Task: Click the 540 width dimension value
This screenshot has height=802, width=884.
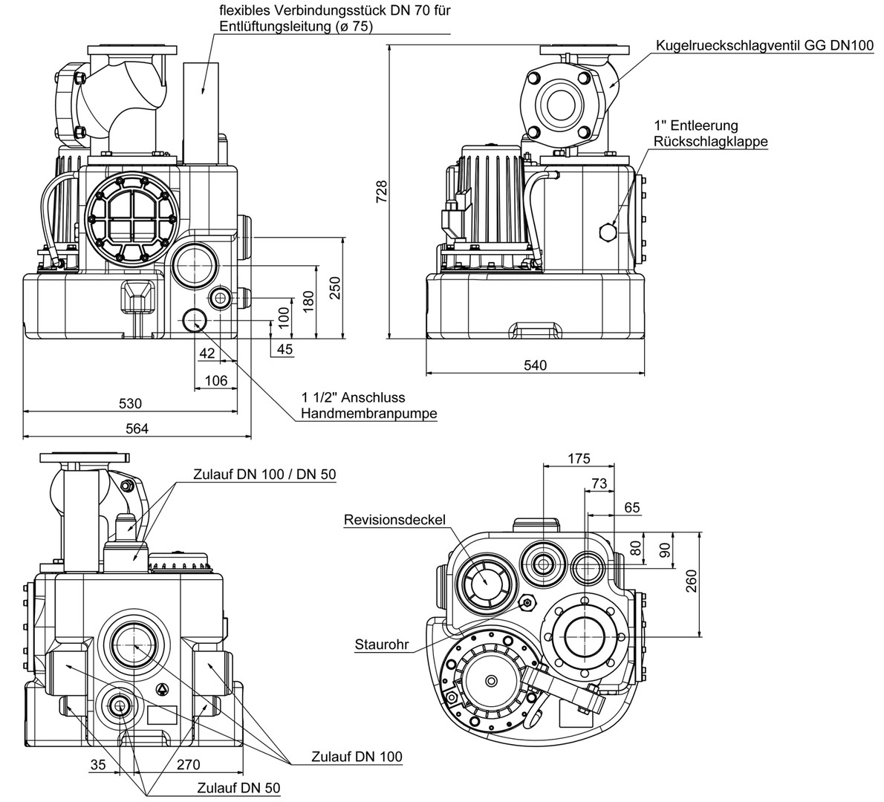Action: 535,365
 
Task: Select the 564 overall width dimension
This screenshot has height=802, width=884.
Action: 137,428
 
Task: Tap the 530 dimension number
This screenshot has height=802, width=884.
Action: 130,404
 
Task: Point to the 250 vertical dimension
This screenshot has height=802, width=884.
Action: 335,287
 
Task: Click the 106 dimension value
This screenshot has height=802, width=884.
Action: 215,380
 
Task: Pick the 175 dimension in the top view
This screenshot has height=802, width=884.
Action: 579,458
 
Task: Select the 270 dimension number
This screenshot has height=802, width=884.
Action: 189,763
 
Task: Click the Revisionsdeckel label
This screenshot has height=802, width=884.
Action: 394,519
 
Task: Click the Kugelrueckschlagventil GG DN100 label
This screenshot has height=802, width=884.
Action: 764,46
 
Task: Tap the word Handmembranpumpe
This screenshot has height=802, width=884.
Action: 368,414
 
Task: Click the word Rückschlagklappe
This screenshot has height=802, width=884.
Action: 710,141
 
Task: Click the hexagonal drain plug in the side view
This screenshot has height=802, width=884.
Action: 608,232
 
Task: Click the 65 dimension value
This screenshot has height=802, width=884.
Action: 631,509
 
